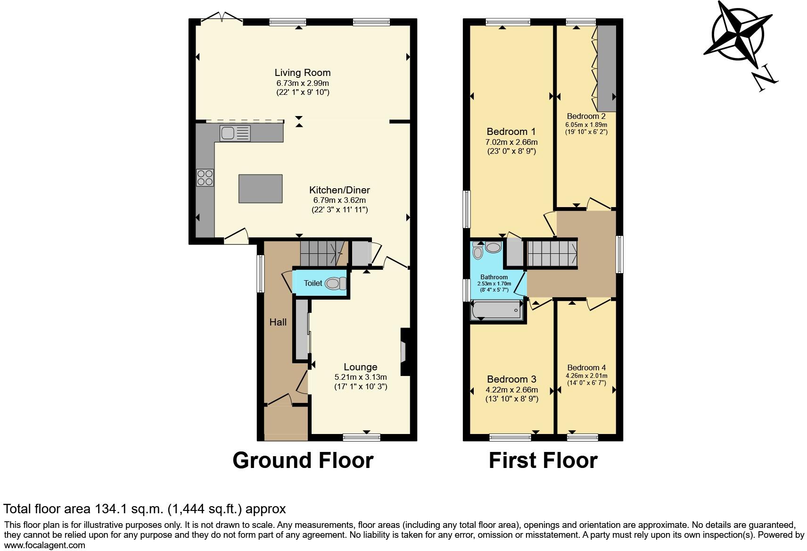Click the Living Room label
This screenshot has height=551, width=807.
(x=303, y=73)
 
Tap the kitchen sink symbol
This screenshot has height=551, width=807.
(x=235, y=134)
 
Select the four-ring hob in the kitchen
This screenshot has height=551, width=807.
(x=205, y=177)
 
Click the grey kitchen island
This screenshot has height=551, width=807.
(x=261, y=189)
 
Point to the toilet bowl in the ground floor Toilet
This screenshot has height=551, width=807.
(x=334, y=284)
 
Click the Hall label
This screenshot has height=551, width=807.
(x=278, y=323)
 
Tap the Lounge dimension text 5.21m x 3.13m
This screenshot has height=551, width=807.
(x=360, y=377)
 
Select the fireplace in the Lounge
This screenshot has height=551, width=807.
(x=404, y=352)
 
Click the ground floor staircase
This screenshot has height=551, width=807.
(x=323, y=253)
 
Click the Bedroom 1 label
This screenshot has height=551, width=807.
(x=511, y=132)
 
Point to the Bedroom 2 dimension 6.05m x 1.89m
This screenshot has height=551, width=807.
(x=586, y=125)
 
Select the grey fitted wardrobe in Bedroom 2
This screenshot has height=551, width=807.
(x=607, y=68)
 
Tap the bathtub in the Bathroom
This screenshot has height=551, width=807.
(x=497, y=311)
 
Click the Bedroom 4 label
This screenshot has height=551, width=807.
(x=586, y=367)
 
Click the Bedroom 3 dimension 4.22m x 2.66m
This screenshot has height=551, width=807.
(x=511, y=390)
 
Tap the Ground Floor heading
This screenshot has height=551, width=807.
(x=303, y=460)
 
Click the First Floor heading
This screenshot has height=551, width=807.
(x=543, y=460)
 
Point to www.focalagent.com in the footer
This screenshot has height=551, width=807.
(x=44, y=545)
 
